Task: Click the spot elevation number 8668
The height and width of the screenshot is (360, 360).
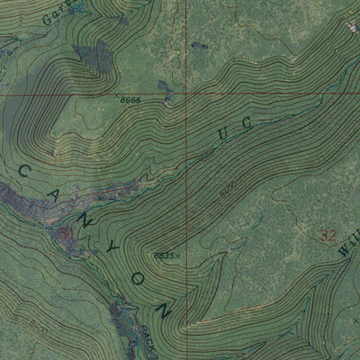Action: (x=130, y=101)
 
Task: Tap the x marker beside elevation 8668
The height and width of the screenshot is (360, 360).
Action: (x=116, y=95)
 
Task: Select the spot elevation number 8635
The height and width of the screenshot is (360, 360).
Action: (x=163, y=256)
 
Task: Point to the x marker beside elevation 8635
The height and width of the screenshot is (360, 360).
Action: (x=176, y=256)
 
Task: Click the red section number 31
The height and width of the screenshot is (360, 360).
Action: (x=67, y=234)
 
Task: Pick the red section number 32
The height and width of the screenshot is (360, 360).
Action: (x=328, y=236)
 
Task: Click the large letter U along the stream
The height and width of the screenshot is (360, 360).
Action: (x=223, y=133)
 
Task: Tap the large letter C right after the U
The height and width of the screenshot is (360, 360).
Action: (x=248, y=116)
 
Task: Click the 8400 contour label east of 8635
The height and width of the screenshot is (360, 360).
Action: (x=226, y=191)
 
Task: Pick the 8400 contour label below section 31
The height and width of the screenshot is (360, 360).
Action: (x=38, y=319)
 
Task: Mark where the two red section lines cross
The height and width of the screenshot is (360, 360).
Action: (x=187, y=94)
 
